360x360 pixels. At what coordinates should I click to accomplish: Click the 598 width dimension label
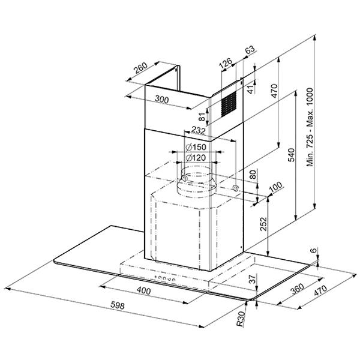tap(118, 305)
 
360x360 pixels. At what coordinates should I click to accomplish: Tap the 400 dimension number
tap(144, 291)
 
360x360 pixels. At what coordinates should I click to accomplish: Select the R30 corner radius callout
tap(240, 319)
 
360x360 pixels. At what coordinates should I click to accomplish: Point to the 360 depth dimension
tap(298, 289)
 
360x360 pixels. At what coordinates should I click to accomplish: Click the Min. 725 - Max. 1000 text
tap(310, 127)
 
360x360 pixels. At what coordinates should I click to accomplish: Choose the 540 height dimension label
tap(291, 155)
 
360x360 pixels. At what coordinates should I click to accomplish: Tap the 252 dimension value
tap(263, 224)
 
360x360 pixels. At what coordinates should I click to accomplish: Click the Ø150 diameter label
tap(196, 147)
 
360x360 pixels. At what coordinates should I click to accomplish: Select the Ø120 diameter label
tap(196, 158)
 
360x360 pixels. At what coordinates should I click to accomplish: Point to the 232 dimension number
tap(199, 131)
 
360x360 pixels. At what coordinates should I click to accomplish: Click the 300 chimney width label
tap(162, 100)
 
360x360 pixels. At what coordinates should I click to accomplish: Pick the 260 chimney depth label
tap(140, 68)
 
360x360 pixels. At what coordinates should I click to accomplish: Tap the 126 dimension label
tap(226, 64)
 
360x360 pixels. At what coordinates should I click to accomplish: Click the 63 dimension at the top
tap(250, 49)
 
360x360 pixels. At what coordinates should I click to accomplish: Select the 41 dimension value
tap(252, 89)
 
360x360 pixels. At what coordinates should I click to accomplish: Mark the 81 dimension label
tap(202, 117)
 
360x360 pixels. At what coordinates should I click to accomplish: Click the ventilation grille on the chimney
tap(229, 104)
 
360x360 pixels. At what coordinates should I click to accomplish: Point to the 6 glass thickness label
tap(314, 250)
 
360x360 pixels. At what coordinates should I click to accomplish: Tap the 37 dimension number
tap(253, 279)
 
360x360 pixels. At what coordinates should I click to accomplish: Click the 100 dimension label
tap(276, 187)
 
